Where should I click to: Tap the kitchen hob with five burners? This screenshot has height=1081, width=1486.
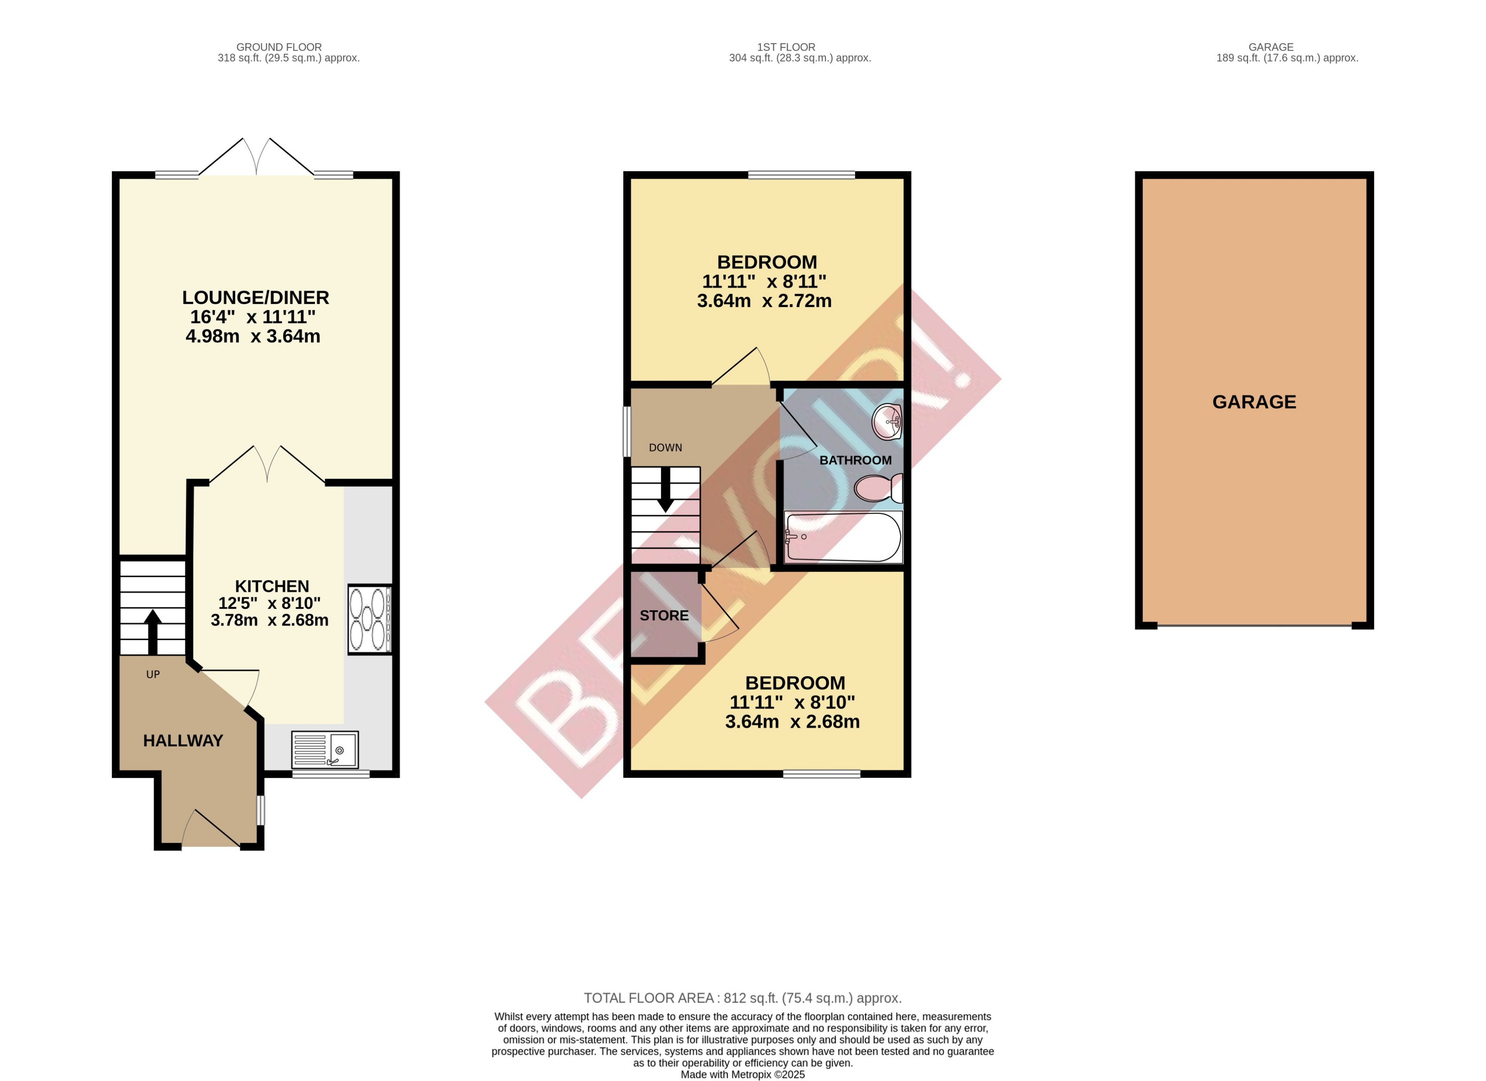[369, 619]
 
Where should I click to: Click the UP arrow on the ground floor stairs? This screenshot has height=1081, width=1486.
[153, 631]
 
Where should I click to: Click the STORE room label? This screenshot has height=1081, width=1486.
[664, 616]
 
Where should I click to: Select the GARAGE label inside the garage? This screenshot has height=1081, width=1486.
[1253, 402]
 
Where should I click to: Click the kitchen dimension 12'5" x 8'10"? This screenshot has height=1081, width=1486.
[269, 604]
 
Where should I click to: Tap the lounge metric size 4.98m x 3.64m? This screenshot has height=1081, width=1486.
[253, 337]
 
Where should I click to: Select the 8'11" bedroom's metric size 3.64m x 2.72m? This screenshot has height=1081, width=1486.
[764, 302]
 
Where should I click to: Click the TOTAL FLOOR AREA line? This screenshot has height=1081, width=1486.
[742, 999]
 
